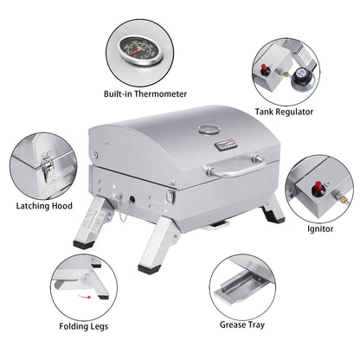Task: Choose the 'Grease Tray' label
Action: click(241, 327)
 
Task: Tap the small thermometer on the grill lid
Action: click(209, 131)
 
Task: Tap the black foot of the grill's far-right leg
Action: click(276, 218)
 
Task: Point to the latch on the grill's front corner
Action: click(170, 199)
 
